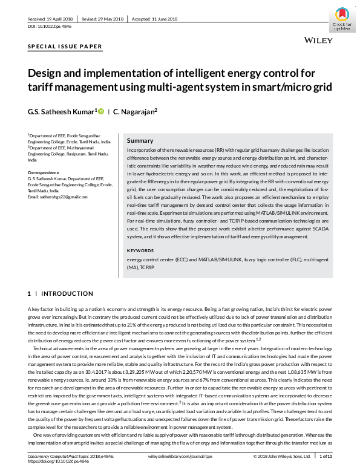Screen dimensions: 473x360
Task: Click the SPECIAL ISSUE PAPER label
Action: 65,47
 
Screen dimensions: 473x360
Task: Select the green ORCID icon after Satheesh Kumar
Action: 100,111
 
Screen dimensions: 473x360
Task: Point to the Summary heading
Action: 140,140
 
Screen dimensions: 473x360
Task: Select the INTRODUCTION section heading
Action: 67,293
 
